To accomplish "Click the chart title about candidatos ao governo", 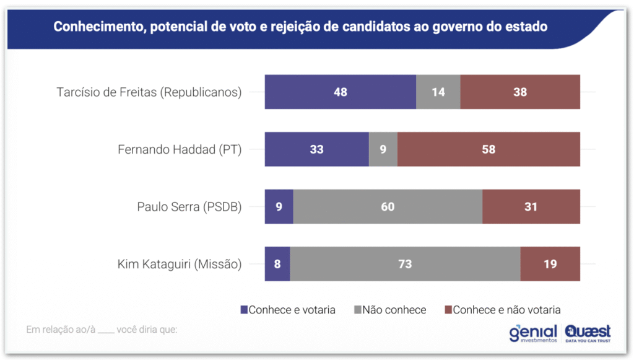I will click(300, 27).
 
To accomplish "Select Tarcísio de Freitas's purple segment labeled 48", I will click(340, 92).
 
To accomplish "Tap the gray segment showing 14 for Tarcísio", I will click(438, 92).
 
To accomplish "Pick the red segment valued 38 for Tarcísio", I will click(520, 92).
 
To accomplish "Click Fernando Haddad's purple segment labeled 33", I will click(316, 149).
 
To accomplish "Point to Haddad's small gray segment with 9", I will click(383, 149).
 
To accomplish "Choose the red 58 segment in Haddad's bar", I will click(489, 149).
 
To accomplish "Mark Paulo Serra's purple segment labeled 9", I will click(279, 207).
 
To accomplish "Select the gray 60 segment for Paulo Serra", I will click(388, 207).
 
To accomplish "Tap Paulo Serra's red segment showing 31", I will click(531, 207).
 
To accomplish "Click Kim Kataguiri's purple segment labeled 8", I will click(277, 264).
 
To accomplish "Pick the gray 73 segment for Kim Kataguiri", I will click(405, 264).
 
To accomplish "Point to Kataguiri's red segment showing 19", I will click(550, 264).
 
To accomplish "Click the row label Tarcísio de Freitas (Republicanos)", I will click(149, 92).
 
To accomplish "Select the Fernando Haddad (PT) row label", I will click(180, 149).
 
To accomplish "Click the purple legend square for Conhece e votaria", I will click(244, 310).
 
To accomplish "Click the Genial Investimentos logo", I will click(532, 333).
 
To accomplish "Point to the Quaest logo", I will click(588, 333).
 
